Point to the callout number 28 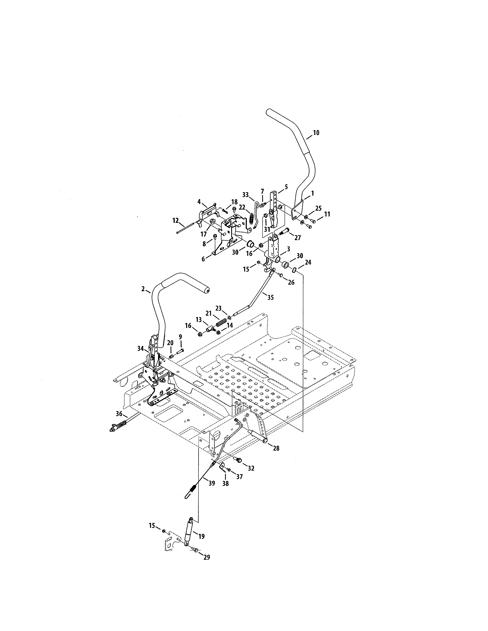(x=276, y=448)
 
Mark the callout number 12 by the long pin (x=175, y=220)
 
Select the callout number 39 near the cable (x=212, y=483)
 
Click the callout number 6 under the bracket (x=203, y=259)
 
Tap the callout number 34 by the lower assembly (x=140, y=349)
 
